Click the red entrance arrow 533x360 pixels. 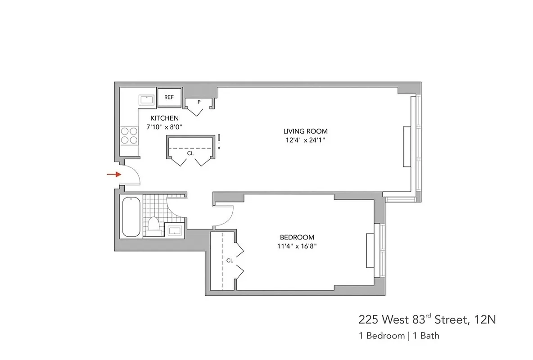[x=113, y=174]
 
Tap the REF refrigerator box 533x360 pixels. [x=169, y=98]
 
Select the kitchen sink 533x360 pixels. [x=145, y=100]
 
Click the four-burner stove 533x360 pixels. [x=129, y=135]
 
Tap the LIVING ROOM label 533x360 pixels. [x=305, y=131]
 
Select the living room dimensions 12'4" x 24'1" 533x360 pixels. [x=305, y=140]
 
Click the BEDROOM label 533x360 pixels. [x=297, y=237]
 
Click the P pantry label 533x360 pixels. [x=199, y=103]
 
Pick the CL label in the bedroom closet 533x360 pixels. [x=230, y=260]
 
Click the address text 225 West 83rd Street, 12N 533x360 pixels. [x=427, y=320]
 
